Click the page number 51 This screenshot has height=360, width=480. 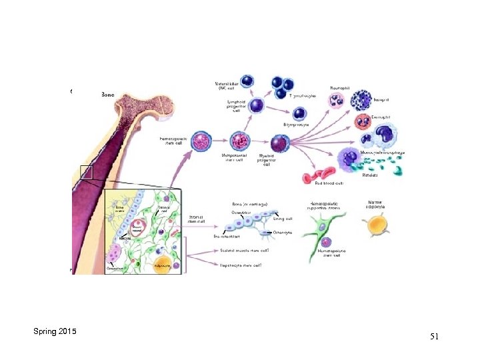(434, 337)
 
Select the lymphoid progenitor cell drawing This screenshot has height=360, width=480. (257, 106)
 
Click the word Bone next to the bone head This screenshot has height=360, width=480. (107, 95)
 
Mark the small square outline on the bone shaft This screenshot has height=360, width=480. (87, 173)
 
